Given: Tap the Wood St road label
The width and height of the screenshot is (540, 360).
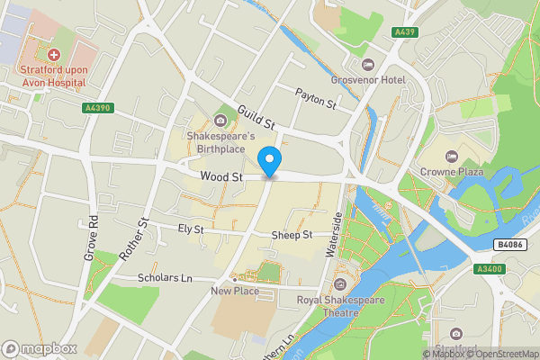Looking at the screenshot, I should [x=222, y=178].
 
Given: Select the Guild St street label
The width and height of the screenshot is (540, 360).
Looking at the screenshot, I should [x=255, y=116].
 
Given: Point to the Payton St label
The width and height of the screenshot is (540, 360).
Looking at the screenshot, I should [x=316, y=98].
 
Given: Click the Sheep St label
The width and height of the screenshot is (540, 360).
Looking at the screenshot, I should [x=291, y=235].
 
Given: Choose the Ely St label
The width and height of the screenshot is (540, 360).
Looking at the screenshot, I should [x=191, y=230].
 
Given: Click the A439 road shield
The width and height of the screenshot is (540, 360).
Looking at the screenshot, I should [x=404, y=32].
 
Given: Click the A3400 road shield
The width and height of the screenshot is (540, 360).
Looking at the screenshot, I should [x=488, y=268].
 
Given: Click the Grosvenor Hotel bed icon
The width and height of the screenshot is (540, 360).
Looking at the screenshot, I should [x=367, y=64].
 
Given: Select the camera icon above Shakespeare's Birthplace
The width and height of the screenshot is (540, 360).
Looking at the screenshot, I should [x=220, y=121].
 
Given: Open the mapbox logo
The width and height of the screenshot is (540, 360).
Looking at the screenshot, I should [x=39, y=348].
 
